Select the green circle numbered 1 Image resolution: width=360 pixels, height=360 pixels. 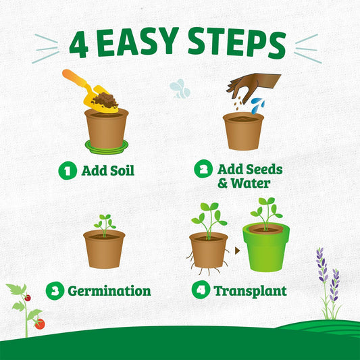point(67,170)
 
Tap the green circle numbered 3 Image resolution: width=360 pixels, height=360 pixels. point(55,291)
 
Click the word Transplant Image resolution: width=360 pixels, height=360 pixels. point(250,292)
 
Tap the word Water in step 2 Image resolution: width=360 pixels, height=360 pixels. point(253,183)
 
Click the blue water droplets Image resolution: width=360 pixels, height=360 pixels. point(257,105)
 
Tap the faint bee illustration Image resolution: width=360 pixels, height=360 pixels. point(180,88)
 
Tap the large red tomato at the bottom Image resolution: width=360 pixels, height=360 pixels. point(39,324)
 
